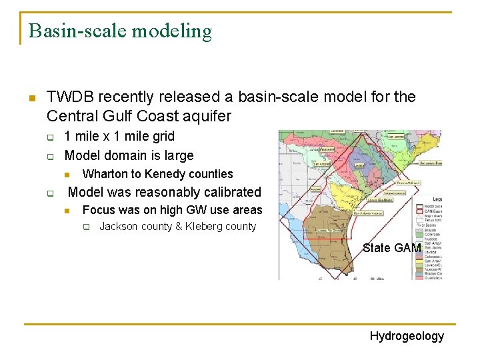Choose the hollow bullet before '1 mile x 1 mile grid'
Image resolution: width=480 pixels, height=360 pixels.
[49, 137]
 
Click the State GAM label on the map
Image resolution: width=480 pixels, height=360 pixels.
[391, 248]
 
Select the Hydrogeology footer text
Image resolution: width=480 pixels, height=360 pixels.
[407, 336]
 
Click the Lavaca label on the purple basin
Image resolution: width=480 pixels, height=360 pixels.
[359, 165]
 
